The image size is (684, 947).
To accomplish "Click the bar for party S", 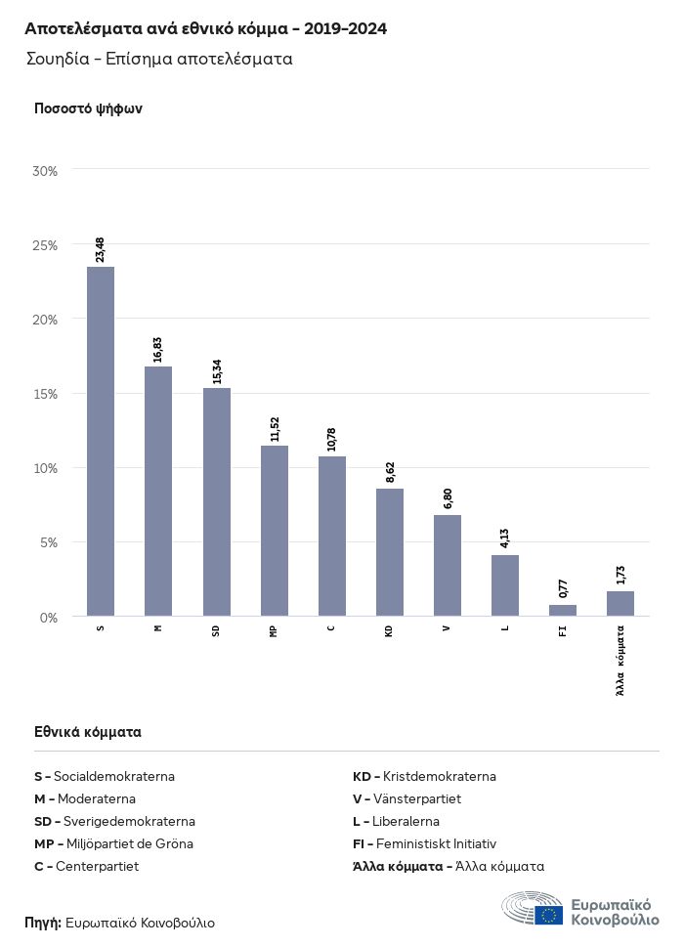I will (x=101, y=441).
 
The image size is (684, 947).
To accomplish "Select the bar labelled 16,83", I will (x=158, y=491).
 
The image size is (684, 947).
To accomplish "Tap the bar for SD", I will (x=216, y=501).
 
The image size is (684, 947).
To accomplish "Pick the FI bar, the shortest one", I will (x=563, y=611).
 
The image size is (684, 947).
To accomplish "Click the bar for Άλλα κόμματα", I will (x=620, y=604).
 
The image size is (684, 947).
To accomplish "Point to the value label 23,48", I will (x=101, y=249).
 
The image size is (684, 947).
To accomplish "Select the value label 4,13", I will (x=505, y=538).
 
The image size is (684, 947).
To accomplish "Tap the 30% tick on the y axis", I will (x=46, y=171).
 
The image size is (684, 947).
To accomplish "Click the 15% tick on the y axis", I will (x=46, y=394).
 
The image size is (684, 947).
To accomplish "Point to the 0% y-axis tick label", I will (x=49, y=618).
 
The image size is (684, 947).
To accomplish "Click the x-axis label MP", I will (x=274, y=631).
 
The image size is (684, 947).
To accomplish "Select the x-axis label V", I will (x=447, y=628).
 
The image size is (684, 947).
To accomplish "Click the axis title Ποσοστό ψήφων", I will (x=88, y=108).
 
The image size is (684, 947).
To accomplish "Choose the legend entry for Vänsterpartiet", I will (x=406, y=799).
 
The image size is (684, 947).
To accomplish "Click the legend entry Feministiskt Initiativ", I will (x=425, y=843).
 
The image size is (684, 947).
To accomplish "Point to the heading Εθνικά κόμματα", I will (x=88, y=731).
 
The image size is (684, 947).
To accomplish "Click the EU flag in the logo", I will (x=548, y=916).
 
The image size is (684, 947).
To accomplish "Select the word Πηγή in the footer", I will (x=43, y=923).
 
